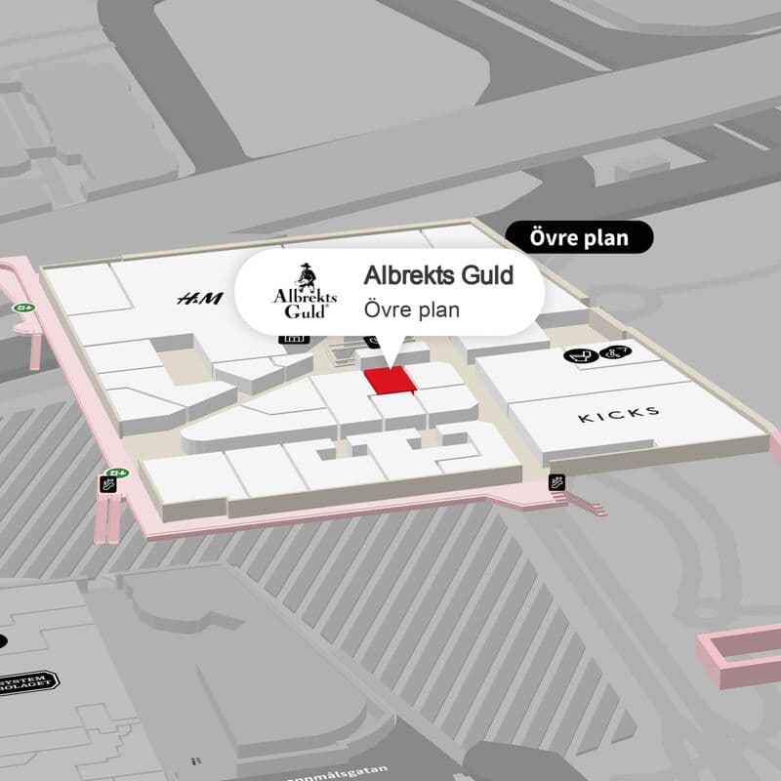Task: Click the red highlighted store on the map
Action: (390, 382)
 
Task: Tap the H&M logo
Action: (199, 299)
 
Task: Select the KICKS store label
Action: (619, 415)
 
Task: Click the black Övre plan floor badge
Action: (579, 236)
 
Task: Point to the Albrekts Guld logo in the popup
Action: (304, 291)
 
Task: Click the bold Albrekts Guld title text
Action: (438, 276)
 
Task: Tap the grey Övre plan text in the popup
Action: (411, 309)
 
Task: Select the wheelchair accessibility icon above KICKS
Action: (615, 354)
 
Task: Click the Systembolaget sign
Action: (28, 679)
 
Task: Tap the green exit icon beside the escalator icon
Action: (118, 473)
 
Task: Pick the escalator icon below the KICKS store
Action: (557, 480)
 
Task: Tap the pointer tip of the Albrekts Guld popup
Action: (390, 364)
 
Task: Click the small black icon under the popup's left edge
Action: (292, 339)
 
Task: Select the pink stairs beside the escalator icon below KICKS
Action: (586, 504)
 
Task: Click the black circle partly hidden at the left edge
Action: (2, 641)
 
